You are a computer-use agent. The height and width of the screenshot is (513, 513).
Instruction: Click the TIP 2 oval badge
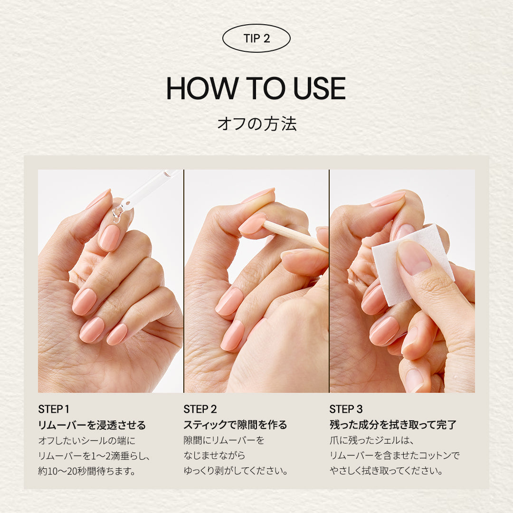256,38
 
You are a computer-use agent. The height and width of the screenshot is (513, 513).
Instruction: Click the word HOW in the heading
202,88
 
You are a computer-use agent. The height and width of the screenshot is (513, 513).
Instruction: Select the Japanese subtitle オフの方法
257,124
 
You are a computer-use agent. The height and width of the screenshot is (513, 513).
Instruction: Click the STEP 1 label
54,409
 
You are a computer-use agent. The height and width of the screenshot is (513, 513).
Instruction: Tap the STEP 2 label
200,409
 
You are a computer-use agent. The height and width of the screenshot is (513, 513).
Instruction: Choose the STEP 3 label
346,409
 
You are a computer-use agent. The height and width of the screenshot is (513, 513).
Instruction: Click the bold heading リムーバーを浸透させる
92,425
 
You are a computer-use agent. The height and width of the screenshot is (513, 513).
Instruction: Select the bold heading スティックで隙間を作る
235,425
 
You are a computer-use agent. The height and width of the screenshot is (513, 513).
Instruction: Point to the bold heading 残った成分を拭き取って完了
393,425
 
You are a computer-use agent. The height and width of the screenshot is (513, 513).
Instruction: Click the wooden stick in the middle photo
295,236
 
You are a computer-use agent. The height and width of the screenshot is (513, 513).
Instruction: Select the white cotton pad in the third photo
412,265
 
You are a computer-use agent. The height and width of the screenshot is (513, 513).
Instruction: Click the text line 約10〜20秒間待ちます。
87,471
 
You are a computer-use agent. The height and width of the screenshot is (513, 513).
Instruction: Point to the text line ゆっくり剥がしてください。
236,471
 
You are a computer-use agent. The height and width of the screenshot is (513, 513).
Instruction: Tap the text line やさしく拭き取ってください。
386,471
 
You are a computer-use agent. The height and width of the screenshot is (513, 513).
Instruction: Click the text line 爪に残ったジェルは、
372,440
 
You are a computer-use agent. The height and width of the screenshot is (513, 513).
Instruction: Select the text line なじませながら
214,456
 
